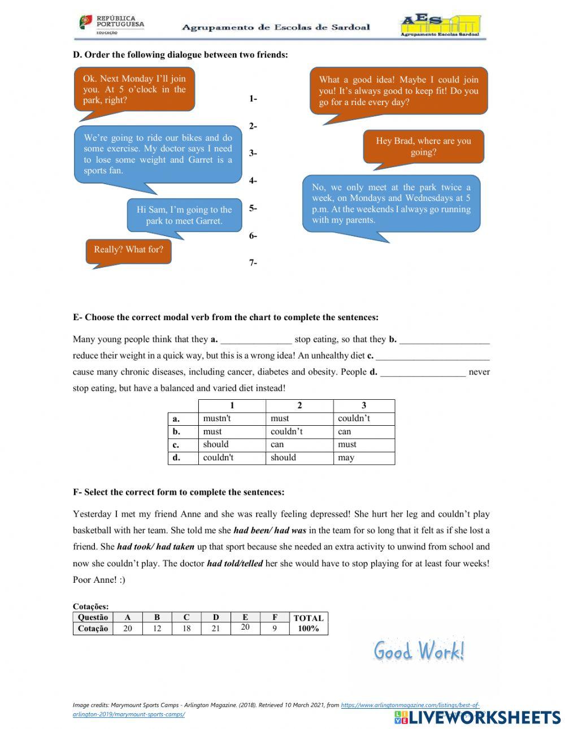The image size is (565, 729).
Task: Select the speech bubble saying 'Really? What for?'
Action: pos(128,250)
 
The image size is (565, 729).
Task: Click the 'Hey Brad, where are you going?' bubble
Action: pos(423,147)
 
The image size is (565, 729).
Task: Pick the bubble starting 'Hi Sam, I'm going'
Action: pos(184,215)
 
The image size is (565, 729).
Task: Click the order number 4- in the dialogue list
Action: pos(253,181)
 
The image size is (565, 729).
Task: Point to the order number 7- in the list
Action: pos(253,263)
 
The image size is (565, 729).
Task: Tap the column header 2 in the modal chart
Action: pos(299,405)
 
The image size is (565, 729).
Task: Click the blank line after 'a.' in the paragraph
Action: pos(256,340)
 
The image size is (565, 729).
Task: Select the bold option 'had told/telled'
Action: pos(234,564)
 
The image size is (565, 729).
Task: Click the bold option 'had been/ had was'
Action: pos(270,531)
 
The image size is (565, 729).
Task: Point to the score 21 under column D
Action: pos(216,628)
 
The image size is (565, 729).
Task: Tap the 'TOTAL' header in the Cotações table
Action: pos(308,618)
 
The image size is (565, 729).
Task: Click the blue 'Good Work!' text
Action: pos(419,651)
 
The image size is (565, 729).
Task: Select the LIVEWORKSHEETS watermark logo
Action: pos(477,717)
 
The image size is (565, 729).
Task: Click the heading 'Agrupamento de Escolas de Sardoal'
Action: pos(276,27)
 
